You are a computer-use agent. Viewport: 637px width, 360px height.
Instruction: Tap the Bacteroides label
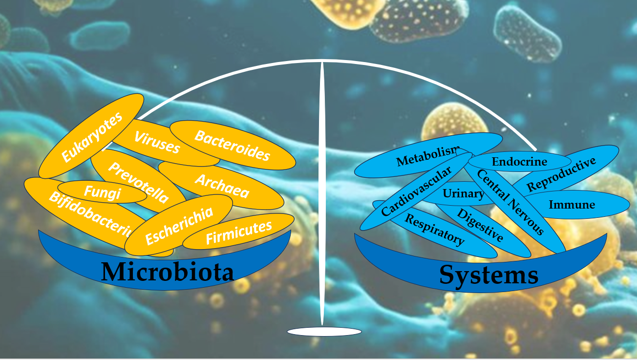(x=232, y=145)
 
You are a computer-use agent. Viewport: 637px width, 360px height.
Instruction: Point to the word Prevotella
(x=138, y=182)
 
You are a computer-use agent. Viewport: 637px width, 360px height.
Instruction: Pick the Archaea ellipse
(x=222, y=186)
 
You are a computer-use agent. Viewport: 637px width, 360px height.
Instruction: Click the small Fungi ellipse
(x=102, y=192)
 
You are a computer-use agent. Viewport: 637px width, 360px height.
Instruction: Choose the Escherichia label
(x=179, y=225)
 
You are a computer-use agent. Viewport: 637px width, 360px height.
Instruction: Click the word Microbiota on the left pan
(x=167, y=272)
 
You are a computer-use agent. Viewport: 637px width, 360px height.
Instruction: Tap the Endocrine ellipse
(x=519, y=161)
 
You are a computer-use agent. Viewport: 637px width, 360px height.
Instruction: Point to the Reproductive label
(x=562, y=174)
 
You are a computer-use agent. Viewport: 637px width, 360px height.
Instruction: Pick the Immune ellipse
(x=572, y=204)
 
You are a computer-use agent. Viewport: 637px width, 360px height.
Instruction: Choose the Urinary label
(x=463, y=194)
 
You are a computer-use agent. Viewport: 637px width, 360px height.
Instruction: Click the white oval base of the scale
(x=324, y=332)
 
